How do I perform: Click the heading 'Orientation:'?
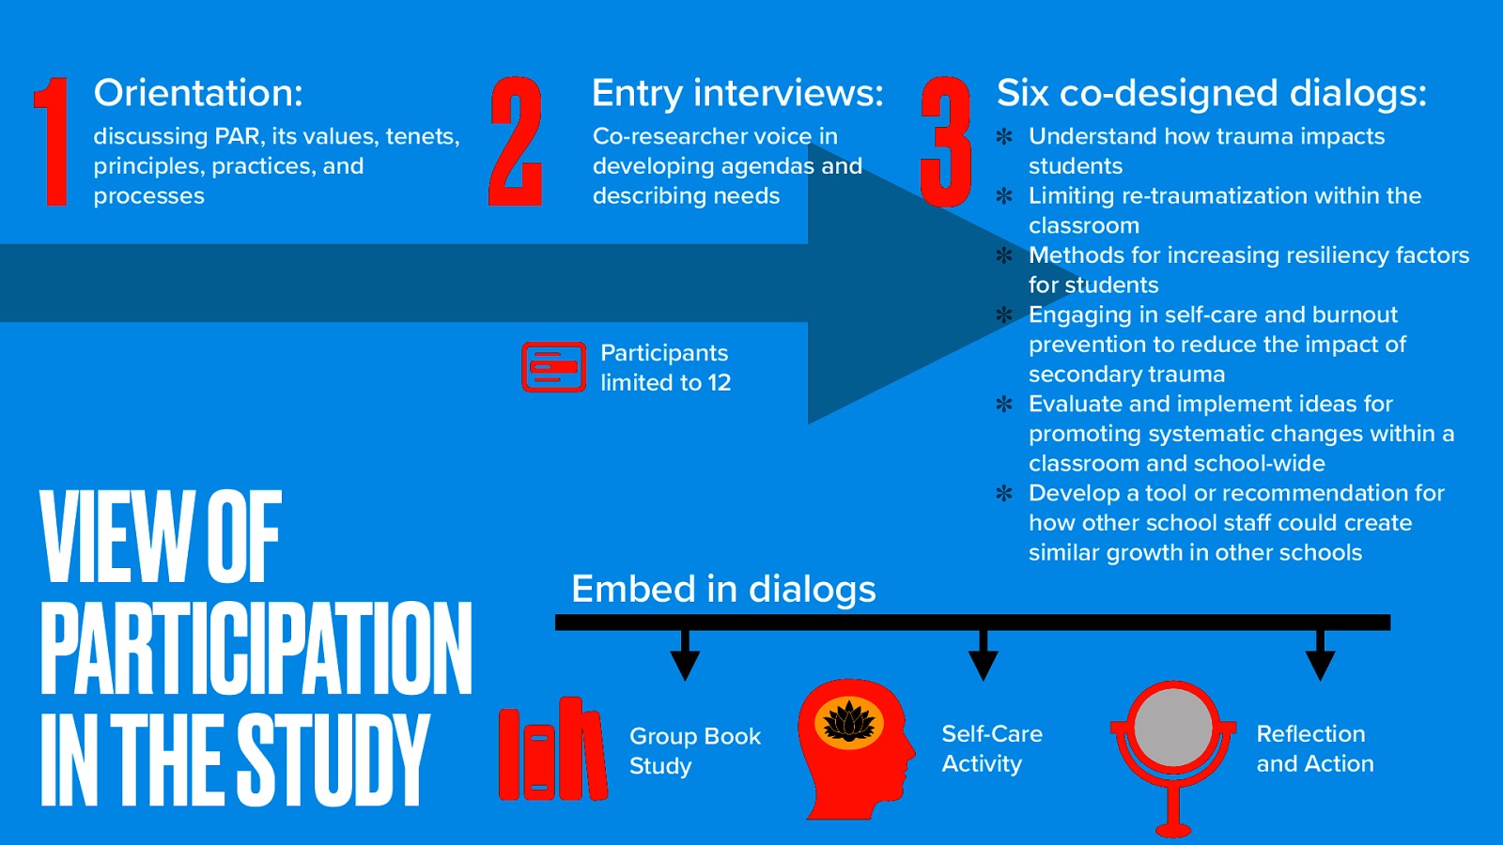click(x=198, y=93)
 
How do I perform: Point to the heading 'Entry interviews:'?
click(x=737, y=93)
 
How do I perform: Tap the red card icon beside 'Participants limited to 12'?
click(x=553, y=367)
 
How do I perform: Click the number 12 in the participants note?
click(x=719, y=383)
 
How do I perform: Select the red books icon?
click(x=551, y=748)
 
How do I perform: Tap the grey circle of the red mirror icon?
click(x=1172, y=729)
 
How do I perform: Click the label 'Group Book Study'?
click(x=694, y=750)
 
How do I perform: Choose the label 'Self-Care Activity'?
click(x=991, y=748)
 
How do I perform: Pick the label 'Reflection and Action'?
click(x=1314, y=748)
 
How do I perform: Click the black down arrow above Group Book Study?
click(x=685, y=657)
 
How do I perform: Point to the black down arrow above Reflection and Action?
click(x=1320, y=657)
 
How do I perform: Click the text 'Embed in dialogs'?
click(x=723, y=590)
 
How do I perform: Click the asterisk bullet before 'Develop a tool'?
click(x=1004, y=493)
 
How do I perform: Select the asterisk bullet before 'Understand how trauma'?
click(x=1004, y=136)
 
